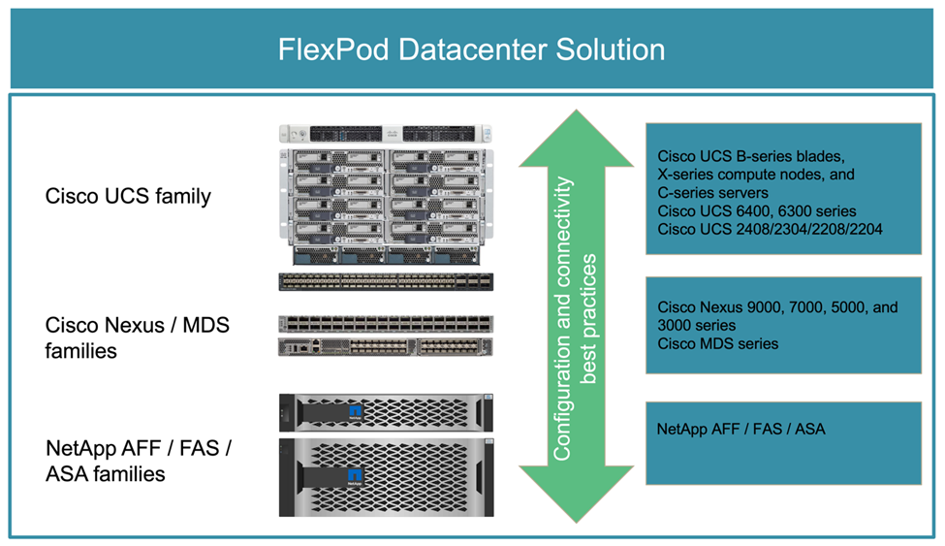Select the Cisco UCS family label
(128, 197)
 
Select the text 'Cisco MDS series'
(717, 343)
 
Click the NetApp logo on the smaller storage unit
(356, 412)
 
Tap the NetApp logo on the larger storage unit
(356, 474)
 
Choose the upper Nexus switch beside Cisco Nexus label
(385, 324)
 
